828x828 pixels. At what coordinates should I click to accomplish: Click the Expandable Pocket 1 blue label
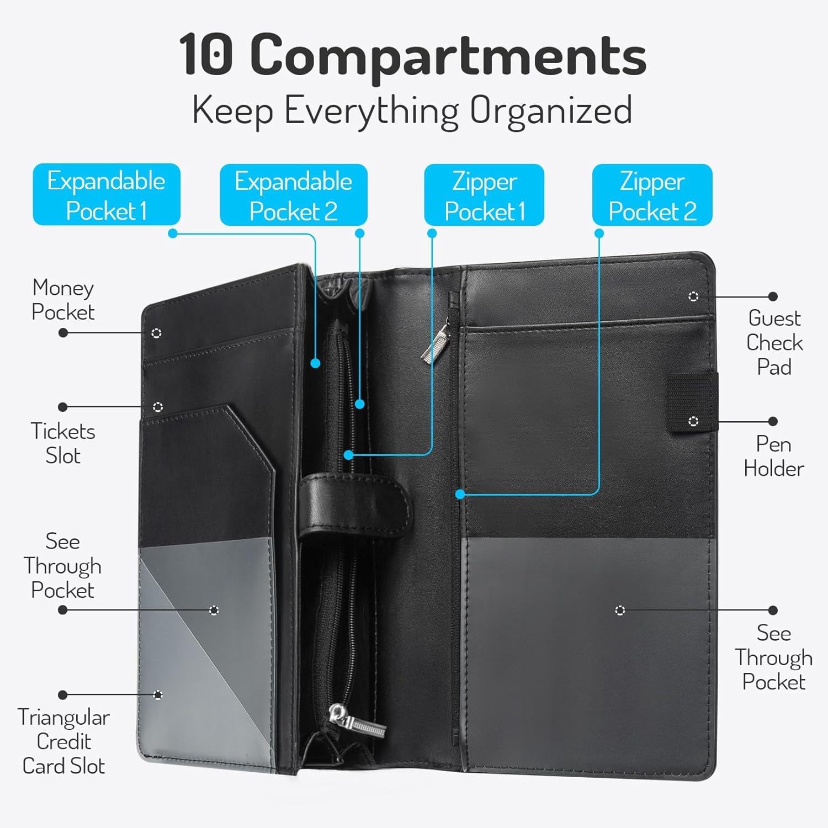coord(107,194)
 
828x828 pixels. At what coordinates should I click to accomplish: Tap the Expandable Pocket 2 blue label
coord(294,195)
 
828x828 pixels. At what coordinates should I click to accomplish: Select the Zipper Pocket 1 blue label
coord(484,195)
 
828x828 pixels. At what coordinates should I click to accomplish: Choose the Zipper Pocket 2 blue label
coord(652,195)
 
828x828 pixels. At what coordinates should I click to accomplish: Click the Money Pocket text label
coord(63,300)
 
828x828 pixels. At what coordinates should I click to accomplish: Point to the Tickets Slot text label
coord(63,443)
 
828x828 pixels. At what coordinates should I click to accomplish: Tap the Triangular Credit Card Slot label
coord(63,741)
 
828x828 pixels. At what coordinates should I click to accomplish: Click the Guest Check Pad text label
coord(774,342)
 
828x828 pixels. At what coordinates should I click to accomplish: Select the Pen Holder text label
coord(774,457)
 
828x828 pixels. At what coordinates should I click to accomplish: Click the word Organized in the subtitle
coord(551,110)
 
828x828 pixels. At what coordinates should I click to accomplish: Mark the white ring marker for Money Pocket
coord(156,333)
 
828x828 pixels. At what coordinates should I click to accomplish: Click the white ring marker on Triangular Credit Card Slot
coord(158,694)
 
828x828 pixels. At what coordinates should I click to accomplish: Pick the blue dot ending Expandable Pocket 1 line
coord(315,363)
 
